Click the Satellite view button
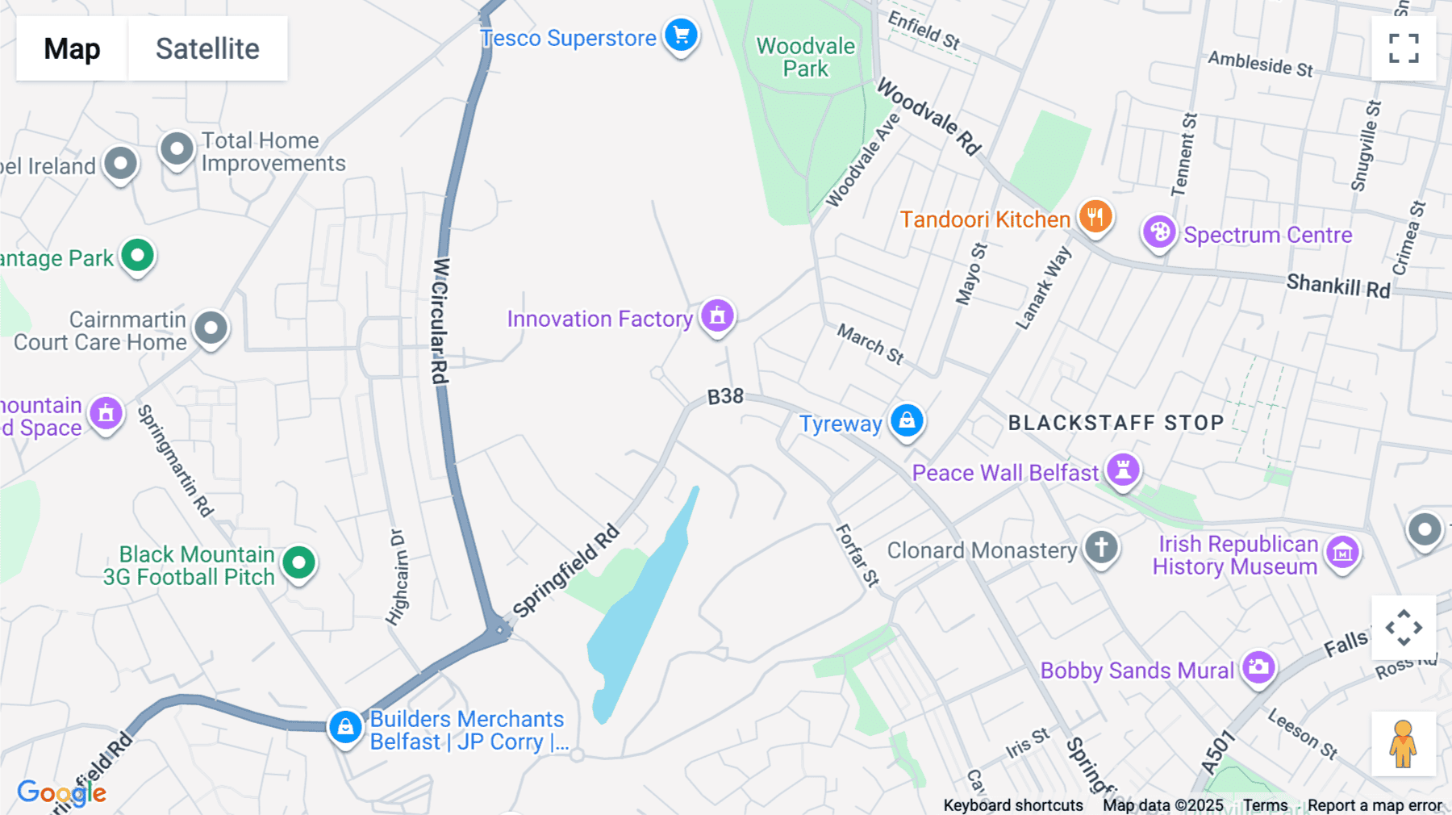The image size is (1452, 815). pyautogui.click(x=207, y=48)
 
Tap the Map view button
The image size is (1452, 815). pyautogui.click(x=72, y=48)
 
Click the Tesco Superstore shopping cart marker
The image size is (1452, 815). pyautogui.click(x=681, y=36)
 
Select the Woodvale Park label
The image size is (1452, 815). pyautogui.click(x=805, y=57)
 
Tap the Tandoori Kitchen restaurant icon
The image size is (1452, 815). pyautogui.click(x=1095, y=216)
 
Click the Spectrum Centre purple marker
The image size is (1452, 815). pyautogui.click(x=1159, y=232)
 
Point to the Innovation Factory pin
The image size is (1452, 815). pyautogui.click(x=717, y=316)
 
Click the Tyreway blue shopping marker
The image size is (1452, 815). pyautogui.click(x=907, y=420)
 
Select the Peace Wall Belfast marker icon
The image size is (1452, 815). pyautogui.click(x=1122, y=469)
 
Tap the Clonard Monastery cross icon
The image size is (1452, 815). pyautogui.click(x=1101, y=547)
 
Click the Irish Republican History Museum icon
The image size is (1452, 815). pyautogui.click(x=1342, y=553)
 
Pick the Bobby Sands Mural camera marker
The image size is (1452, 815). pyautogui.click(x=1258, y=667)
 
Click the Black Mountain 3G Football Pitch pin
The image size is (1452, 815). pyautogui.click(x=298, y=562)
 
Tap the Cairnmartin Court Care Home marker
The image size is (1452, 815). pyautogui.click(x=211, y=328)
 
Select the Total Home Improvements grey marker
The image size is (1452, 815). pyautogui.click(x=177, y=149)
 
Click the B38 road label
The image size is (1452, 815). pyautogui.click(x=725, y=396)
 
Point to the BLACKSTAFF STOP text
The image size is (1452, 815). pyautogui.click(x=1116, y=423)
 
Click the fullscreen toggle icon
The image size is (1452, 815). pyautogui.click(x=1404, y=48)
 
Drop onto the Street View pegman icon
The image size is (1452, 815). pyautogui.click(x=1403, y=744)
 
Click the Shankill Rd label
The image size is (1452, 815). pyautogui.click(x=1337, y=286)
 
